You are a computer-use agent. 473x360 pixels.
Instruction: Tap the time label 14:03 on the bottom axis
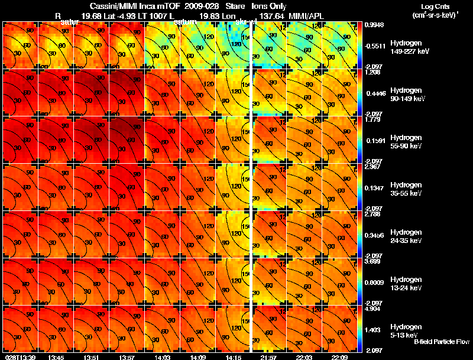tap(163, 357)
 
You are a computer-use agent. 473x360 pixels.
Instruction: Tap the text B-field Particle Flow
tap(441, 342)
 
